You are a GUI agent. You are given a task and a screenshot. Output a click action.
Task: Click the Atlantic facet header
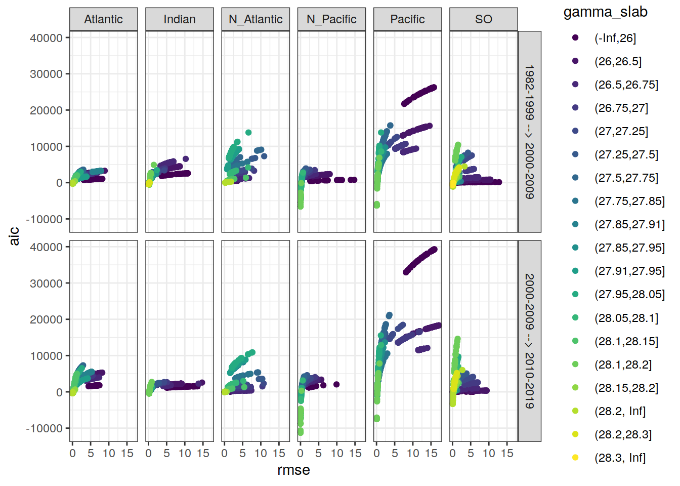103,19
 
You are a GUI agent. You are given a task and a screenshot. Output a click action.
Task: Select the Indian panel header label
180,19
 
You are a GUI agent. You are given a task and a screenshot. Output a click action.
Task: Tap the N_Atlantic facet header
256,19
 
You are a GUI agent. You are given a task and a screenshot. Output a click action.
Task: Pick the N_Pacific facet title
331,19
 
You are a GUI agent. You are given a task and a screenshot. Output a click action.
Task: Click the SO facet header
483,19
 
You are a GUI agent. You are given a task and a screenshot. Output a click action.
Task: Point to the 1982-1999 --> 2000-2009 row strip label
529,132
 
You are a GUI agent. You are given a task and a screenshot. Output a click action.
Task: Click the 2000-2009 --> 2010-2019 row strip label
529,341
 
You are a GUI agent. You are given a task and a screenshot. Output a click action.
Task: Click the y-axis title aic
14,236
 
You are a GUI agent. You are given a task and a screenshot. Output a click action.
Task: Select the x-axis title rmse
293,470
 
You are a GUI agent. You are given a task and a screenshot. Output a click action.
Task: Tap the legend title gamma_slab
605,12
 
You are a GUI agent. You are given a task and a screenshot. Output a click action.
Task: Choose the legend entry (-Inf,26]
615,38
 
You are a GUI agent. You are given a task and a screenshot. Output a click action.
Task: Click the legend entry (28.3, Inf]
620,458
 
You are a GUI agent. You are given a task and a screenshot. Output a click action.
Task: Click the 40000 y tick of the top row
46,38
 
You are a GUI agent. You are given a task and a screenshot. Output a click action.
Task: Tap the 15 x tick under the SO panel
507,454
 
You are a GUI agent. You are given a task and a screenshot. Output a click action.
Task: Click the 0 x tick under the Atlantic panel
72,454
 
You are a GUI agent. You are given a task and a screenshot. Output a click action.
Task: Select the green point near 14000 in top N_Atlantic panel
248,133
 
